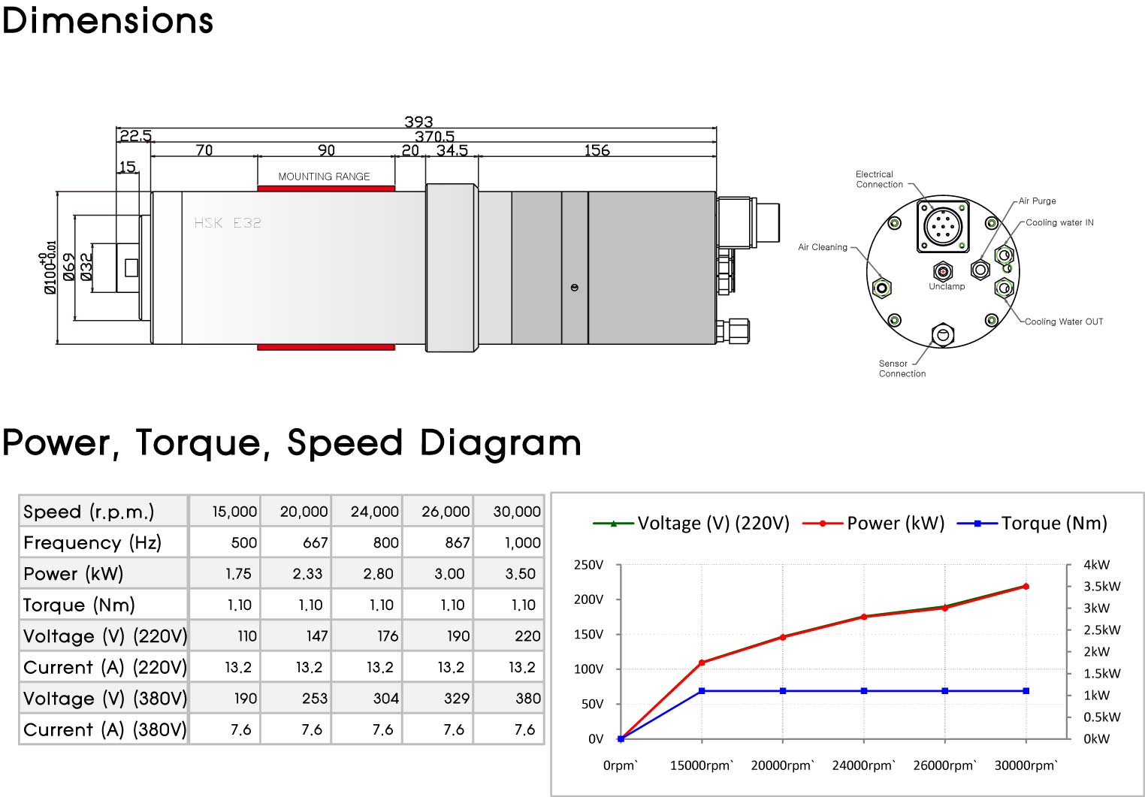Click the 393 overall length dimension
pyautogui.click(x=418, y=122)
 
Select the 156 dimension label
pyautogui.click(x=597, y=150)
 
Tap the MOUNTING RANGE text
pyautogui.click(x=324, y=177)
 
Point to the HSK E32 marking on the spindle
pyautogui.click(x=228, y=223)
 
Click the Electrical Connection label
pyautogui.click(x=879, y=180)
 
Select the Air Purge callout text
pyautogui.click(x=1037, y=201)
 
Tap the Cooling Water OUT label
pyautogui.click(x=1064, y=322)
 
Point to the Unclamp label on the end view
pyautogui.click(x=947, y=286)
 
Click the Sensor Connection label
pyautogui.click(x=902, y=369)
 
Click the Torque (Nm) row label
pyautogui.click(x=79, y=605)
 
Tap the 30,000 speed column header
pyautogui.click(x=517, y=512)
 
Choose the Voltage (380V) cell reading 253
pyautogui.click(x=314, y=699)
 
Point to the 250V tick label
pyautogui.click(x=588, y=565)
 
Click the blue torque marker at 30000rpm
pyautogui.click(x=1026, y=690)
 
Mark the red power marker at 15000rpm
pyautogui.click(x=702, y=663)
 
